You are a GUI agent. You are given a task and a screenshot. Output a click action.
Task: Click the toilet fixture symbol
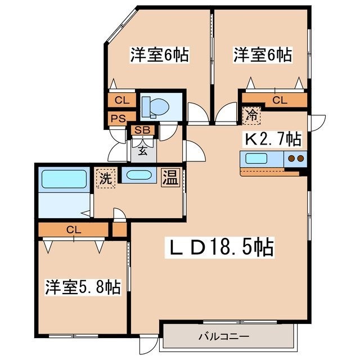tap(155, 107)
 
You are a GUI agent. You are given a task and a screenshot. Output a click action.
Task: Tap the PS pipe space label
tap(119, 119)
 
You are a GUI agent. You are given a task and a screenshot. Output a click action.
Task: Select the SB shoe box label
tap(142, 130)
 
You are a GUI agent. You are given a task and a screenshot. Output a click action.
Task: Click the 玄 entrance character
tap(142, 151)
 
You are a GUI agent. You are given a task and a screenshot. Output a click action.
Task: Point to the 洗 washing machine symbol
tap(106, 178)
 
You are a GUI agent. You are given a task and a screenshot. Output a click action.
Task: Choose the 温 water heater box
tap(170, 178)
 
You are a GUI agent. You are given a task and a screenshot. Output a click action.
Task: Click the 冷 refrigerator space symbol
tap(251, 115)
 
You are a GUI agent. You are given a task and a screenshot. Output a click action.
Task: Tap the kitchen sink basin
tap(256, 159)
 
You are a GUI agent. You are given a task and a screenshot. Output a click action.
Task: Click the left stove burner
tap(291, 159)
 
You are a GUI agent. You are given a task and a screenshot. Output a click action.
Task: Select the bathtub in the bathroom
tap(64, 179)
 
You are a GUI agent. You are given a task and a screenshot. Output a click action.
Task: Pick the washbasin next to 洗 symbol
tap(139, 175)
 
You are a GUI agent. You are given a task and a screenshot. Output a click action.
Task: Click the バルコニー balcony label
tap(224, 337)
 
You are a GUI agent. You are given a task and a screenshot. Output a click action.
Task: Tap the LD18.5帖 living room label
tap(219, 247)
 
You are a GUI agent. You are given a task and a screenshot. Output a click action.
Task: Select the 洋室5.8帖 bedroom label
tap(83, 287)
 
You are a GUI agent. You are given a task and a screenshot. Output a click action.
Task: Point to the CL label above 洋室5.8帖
tap(74, 229)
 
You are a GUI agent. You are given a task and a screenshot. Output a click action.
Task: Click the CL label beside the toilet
tap(122, 100)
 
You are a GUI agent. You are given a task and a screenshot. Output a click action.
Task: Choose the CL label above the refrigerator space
tap(280, 100)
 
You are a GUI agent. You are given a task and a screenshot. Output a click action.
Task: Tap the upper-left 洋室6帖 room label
tap(160, 55)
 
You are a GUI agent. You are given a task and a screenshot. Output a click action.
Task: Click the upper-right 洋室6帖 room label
tap(263, 55)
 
